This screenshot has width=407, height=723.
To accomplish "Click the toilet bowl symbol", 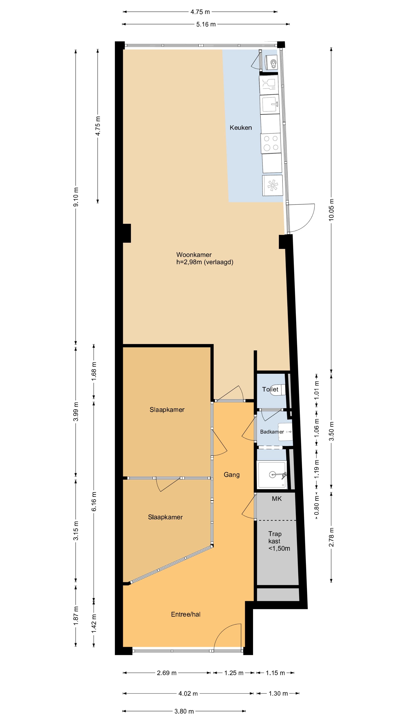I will (279, 389).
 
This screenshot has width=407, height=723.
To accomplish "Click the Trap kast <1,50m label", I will (278, 541).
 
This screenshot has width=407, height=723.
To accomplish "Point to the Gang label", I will (231, 475).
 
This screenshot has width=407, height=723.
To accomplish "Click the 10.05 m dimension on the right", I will (331, 210).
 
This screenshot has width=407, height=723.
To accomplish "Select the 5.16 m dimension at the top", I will (206, 24).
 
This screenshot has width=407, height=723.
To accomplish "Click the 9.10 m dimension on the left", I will (76, 196).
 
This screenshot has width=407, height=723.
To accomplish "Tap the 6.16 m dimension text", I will (94, 501).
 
